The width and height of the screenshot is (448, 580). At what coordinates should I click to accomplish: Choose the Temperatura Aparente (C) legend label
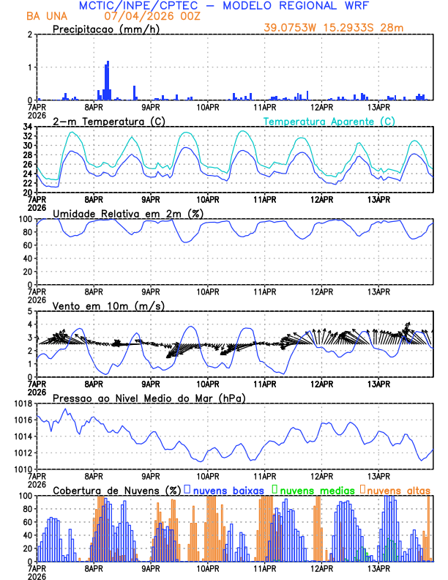click(329, 121)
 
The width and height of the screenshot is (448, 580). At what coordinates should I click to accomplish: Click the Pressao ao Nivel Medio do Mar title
click(149, 398)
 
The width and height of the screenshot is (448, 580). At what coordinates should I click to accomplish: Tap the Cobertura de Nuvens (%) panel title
click(116, 490)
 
